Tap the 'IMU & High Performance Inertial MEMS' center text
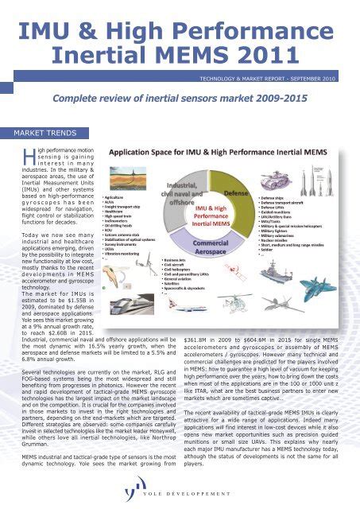click(203, 205)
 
